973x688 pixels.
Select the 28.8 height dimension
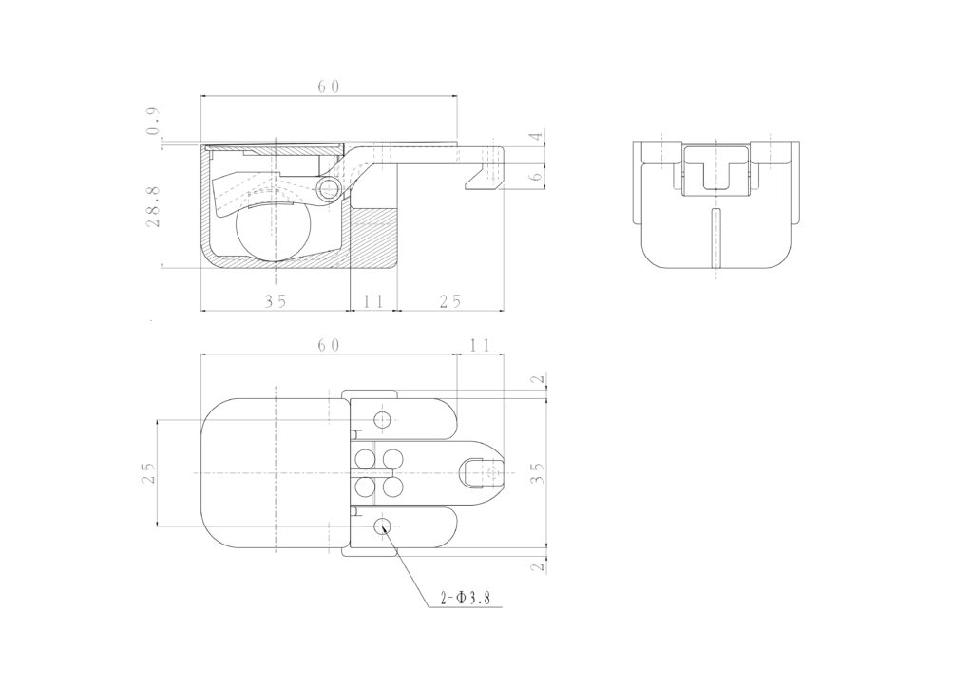[x=154, y=206]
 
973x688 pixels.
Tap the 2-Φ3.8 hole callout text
[x=465, y=598]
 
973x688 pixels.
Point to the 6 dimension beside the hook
[x=538, y=175]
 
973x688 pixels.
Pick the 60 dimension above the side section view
[x=329, y=86]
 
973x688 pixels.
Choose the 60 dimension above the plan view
[x=329, y=345]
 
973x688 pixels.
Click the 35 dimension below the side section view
[x=276, y=301]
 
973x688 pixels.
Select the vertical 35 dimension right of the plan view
[x=538, y=472]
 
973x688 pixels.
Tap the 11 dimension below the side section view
[x=372, y=301]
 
